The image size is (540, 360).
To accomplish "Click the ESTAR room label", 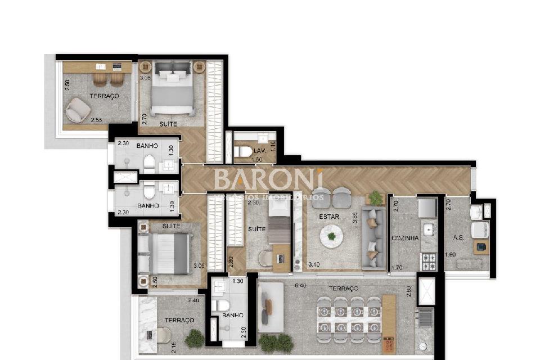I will pos(328,217).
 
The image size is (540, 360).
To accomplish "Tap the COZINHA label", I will pos(405,238).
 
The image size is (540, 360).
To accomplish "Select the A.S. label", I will pos(458,238).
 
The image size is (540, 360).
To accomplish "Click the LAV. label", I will pos(259,151).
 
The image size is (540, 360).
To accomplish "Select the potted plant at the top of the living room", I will pos(375,197).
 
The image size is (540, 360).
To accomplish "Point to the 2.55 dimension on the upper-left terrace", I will pos(96,120).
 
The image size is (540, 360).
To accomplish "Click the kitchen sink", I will pos(428,229).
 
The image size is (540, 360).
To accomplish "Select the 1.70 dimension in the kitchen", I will pos(397,268).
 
